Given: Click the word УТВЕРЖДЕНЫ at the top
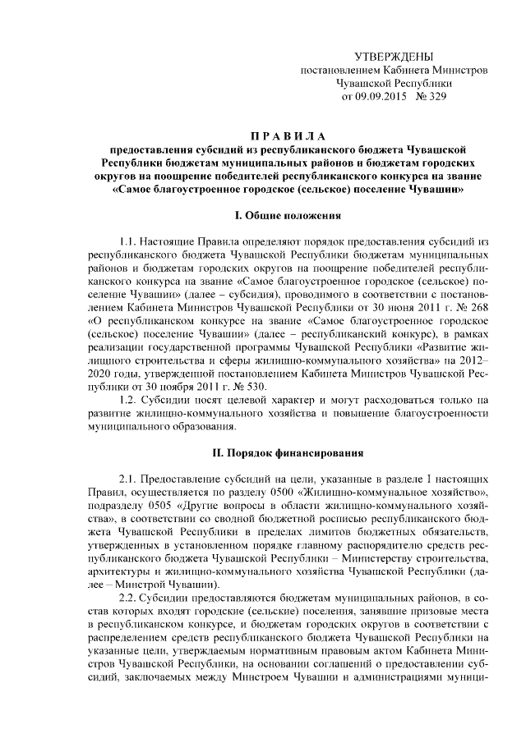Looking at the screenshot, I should pos(393,57).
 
